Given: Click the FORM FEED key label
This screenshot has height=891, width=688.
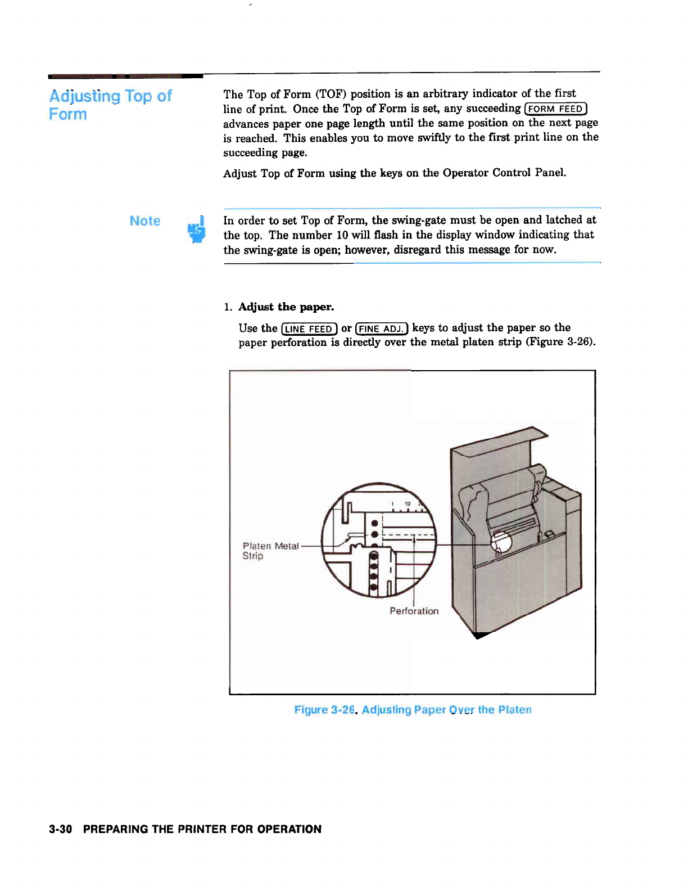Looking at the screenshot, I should [555, 109].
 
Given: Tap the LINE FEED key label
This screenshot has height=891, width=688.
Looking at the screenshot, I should [309, 328].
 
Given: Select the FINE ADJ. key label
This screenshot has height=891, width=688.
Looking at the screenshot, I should [382, 328].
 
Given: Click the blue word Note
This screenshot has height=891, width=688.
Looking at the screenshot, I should [145, 221].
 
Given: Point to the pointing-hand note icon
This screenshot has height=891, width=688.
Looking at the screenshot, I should [196, 229].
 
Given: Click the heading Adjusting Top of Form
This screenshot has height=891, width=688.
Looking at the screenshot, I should [110, 105].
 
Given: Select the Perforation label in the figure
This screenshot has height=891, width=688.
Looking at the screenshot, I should [414, 611].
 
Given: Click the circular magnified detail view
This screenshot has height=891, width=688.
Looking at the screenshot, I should [378, 541].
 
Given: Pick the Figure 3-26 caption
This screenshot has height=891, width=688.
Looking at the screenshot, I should [413, 710].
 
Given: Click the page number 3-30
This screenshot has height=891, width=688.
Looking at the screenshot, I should [60, 829].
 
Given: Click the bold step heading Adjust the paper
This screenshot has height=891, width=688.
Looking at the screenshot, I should [286, 307].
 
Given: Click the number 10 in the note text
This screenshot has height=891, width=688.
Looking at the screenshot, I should [342, 235].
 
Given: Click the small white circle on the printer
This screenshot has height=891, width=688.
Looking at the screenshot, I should [501, 542].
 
